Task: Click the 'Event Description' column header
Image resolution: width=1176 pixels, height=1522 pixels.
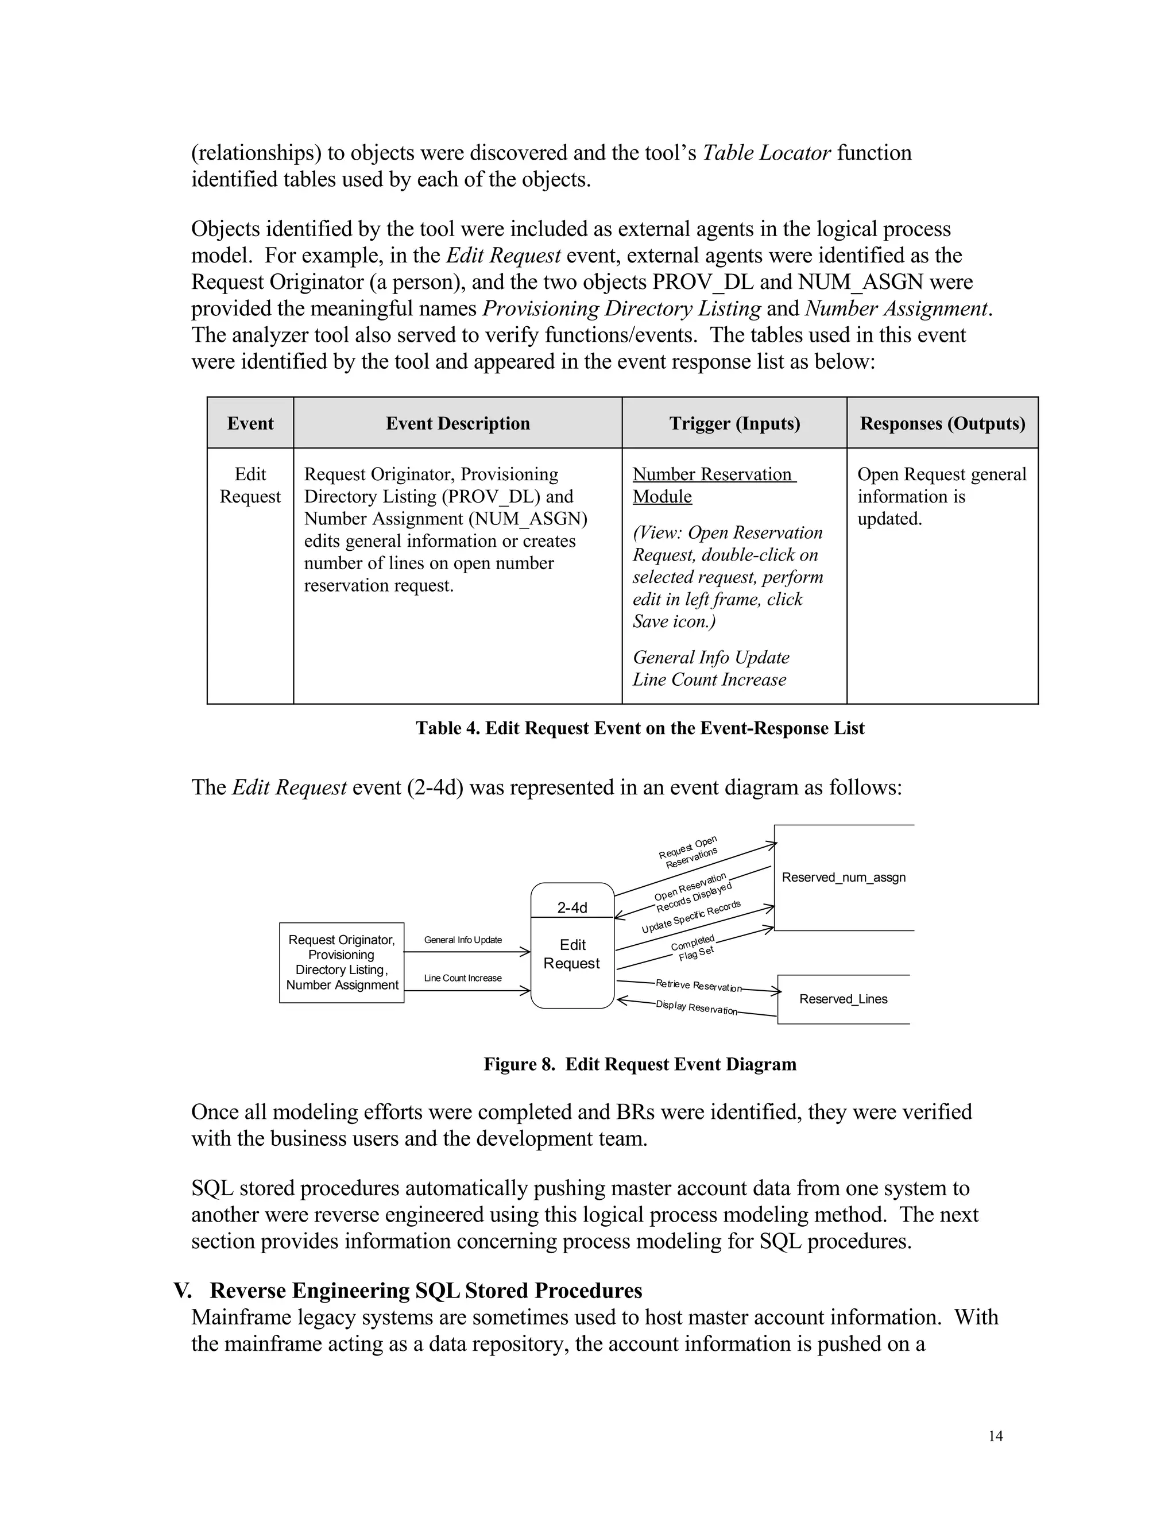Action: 458,423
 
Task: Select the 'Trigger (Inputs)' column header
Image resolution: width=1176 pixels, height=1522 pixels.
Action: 734,423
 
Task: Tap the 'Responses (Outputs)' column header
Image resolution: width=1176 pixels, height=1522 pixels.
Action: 942,423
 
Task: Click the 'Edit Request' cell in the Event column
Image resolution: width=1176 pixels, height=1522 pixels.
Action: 250,485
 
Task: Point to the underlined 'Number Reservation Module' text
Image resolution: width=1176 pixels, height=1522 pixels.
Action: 713,485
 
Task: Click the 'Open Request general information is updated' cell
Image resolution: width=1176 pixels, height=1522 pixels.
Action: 941,496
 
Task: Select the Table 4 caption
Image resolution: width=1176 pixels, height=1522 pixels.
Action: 640,728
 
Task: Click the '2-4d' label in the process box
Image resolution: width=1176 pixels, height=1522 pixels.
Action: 572,907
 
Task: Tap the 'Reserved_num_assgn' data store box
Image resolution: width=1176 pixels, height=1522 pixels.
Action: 844,878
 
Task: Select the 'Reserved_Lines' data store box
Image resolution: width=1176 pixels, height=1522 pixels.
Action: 843,999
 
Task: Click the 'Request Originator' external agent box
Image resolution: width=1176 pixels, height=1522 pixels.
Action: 342,963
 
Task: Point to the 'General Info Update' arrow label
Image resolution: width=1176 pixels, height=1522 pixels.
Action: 463,940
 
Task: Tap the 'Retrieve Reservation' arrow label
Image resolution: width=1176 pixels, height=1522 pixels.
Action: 698,986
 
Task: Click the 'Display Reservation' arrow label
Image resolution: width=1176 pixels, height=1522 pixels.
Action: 696,1008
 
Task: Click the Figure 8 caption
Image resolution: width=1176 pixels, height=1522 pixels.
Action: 640,1064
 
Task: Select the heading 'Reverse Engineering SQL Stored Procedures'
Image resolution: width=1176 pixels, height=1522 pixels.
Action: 425,1291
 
